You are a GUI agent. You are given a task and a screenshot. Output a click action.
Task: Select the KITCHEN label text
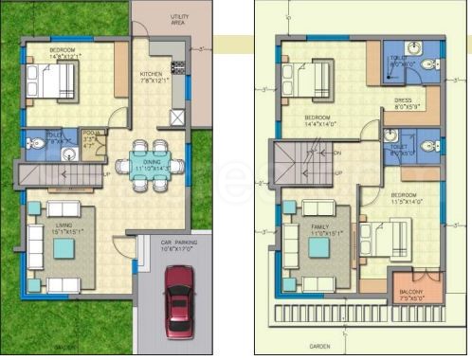coord(151,74)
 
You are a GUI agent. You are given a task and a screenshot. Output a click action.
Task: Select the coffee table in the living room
coord(64,248)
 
